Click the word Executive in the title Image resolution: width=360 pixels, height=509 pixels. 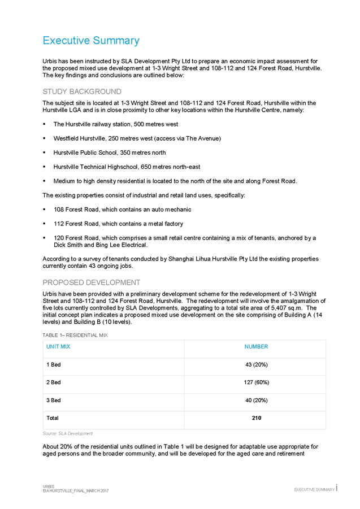tap(66, 41)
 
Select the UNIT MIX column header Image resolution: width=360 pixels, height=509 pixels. tap(59, 346)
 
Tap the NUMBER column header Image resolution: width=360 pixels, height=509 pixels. tap(256, 346)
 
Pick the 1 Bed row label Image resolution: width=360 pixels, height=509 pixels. tap(53, 365)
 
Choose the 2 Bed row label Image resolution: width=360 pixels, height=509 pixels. tap(53, 382)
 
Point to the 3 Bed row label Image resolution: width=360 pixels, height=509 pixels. tap(53, 400)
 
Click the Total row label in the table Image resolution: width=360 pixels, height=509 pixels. tap(52, 419)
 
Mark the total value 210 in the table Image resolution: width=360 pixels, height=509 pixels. tap(256, 419)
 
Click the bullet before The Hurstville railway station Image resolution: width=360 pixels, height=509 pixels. tap(45, 124)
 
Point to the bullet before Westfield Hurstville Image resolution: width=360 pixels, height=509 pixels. tap(45, 138)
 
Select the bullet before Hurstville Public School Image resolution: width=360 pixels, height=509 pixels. tap(45, 153)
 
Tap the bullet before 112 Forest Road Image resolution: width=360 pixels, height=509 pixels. tap(45, 224)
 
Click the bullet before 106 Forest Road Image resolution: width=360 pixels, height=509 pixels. tap(45, 210)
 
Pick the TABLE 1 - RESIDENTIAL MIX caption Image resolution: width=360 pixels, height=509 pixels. tap(75, 335)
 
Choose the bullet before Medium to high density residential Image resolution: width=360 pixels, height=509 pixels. tap(45, 181)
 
